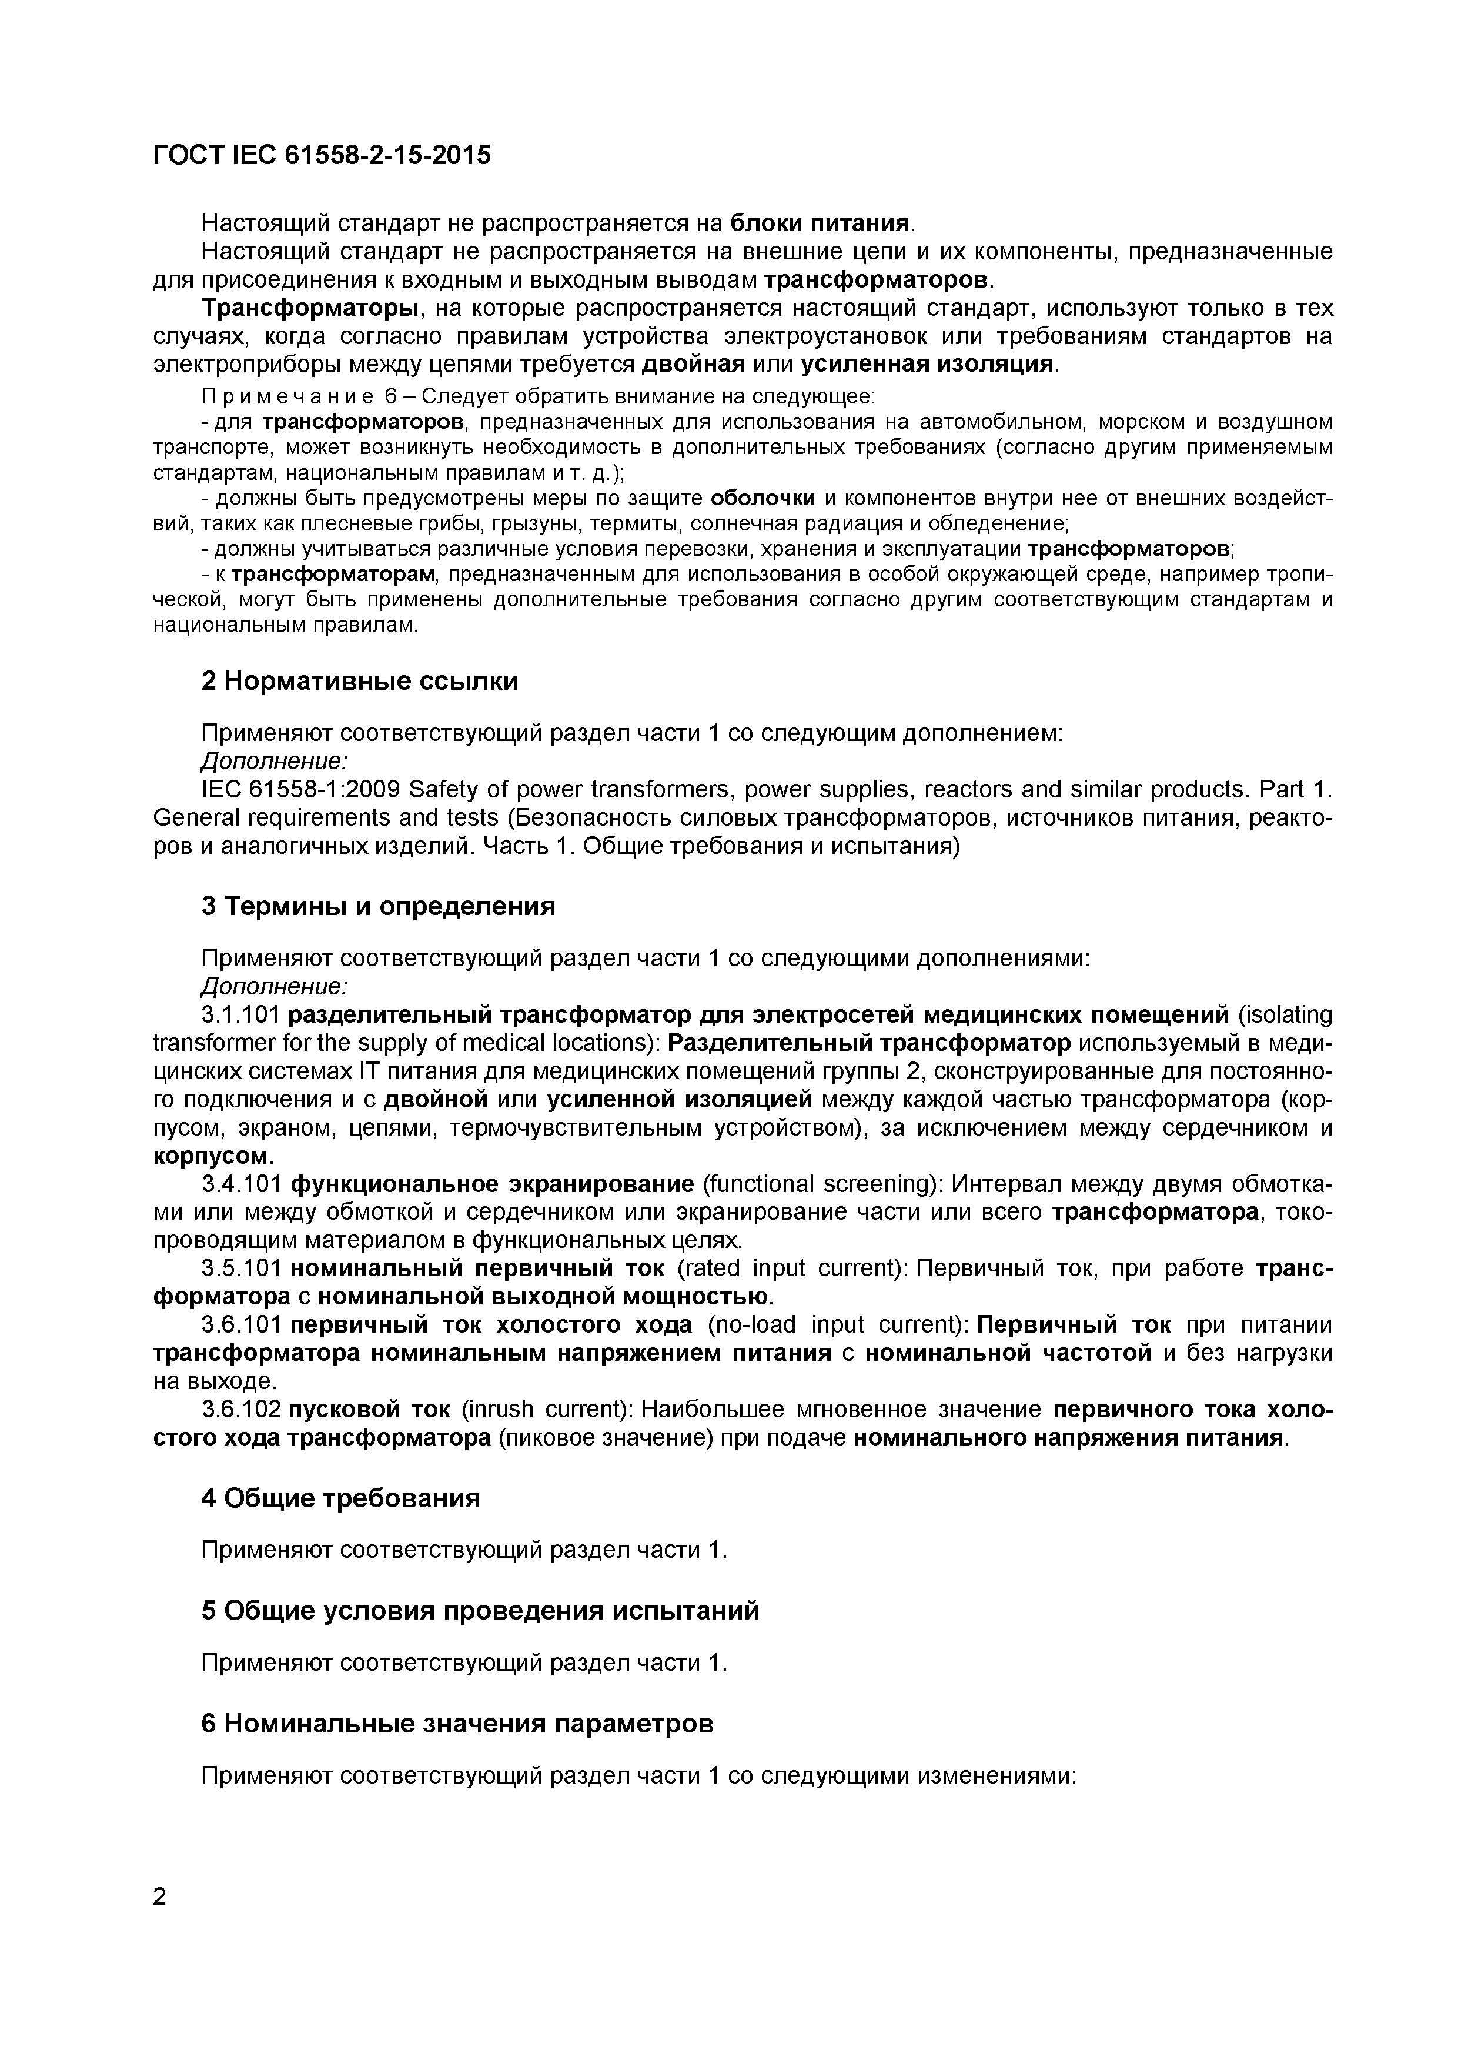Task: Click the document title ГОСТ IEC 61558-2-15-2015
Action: point(322,155)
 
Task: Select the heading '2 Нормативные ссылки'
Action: point(359,681)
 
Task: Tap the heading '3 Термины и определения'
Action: point(377,906)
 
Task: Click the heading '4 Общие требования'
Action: point(340,1498)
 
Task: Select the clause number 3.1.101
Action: point(240,1015)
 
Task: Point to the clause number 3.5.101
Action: point(240,1268)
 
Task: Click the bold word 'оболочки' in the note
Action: point(762,499)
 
